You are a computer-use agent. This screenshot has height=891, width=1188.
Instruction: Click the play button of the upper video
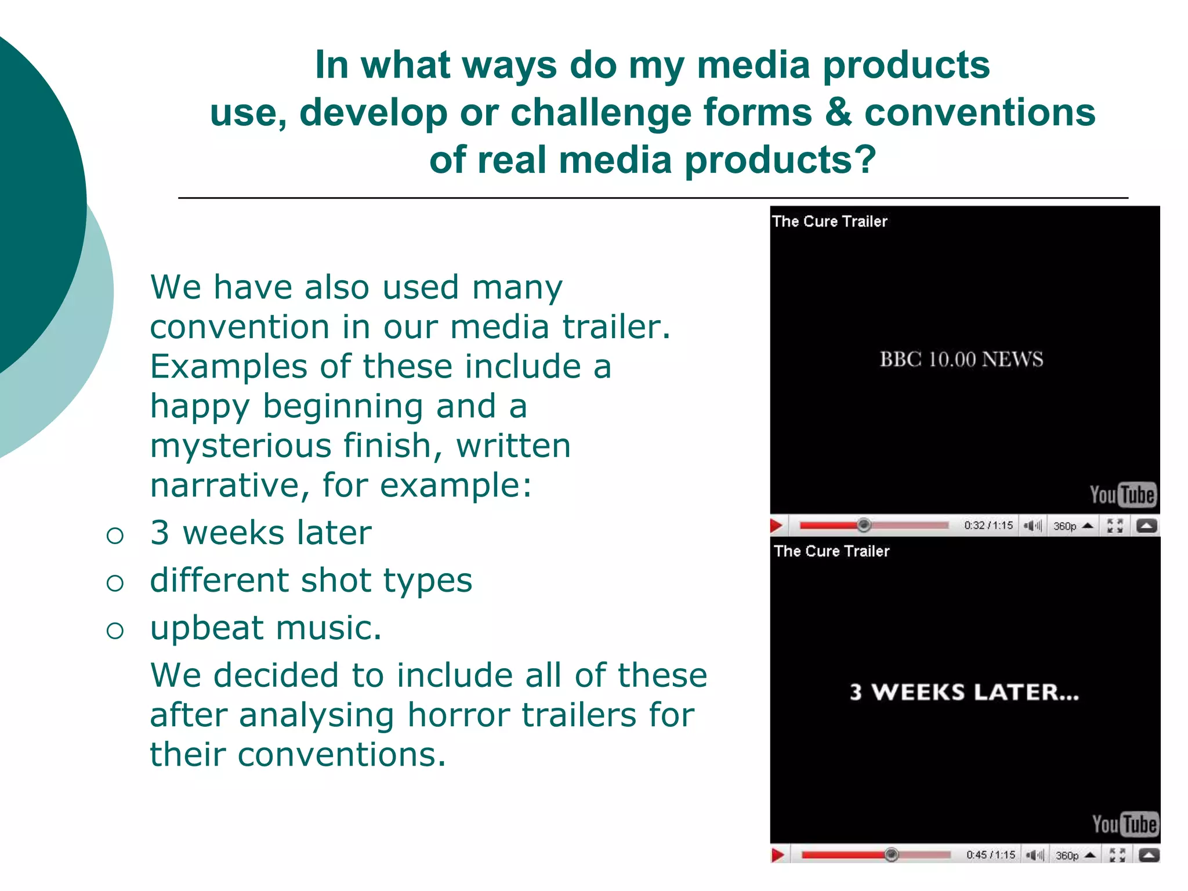coord(777,526)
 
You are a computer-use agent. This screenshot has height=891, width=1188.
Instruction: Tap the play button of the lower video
coord(778,854)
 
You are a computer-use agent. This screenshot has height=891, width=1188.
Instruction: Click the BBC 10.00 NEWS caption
coord(961,360)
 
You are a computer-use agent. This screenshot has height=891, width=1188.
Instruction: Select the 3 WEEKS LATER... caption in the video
coord(964,692)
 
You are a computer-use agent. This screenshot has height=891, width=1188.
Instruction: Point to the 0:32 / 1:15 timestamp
coord(988,526)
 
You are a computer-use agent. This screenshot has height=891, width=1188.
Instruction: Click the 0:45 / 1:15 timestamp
coord(991,854)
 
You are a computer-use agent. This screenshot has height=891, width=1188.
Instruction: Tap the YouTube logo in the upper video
coord(1122,495)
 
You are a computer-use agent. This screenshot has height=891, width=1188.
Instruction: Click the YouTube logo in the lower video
coord(1125,824)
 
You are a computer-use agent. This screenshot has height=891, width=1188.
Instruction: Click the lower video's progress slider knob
coord(892,854)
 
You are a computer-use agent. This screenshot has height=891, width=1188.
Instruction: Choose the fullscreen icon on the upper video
coord(1115,526)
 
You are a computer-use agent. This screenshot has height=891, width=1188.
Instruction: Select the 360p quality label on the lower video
coord(1067,855)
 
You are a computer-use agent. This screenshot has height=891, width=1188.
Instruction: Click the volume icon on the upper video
coord(1033,526)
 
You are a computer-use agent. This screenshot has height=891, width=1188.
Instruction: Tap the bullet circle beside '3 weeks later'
coord(115,535)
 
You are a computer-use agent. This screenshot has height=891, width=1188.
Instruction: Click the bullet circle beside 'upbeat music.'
coord(115,631)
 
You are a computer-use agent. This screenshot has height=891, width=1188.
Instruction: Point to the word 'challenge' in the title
coord(601,113)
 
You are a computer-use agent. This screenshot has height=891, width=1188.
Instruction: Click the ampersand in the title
coord(838,113)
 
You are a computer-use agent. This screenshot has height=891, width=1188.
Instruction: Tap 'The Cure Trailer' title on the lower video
coord(831,551)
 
